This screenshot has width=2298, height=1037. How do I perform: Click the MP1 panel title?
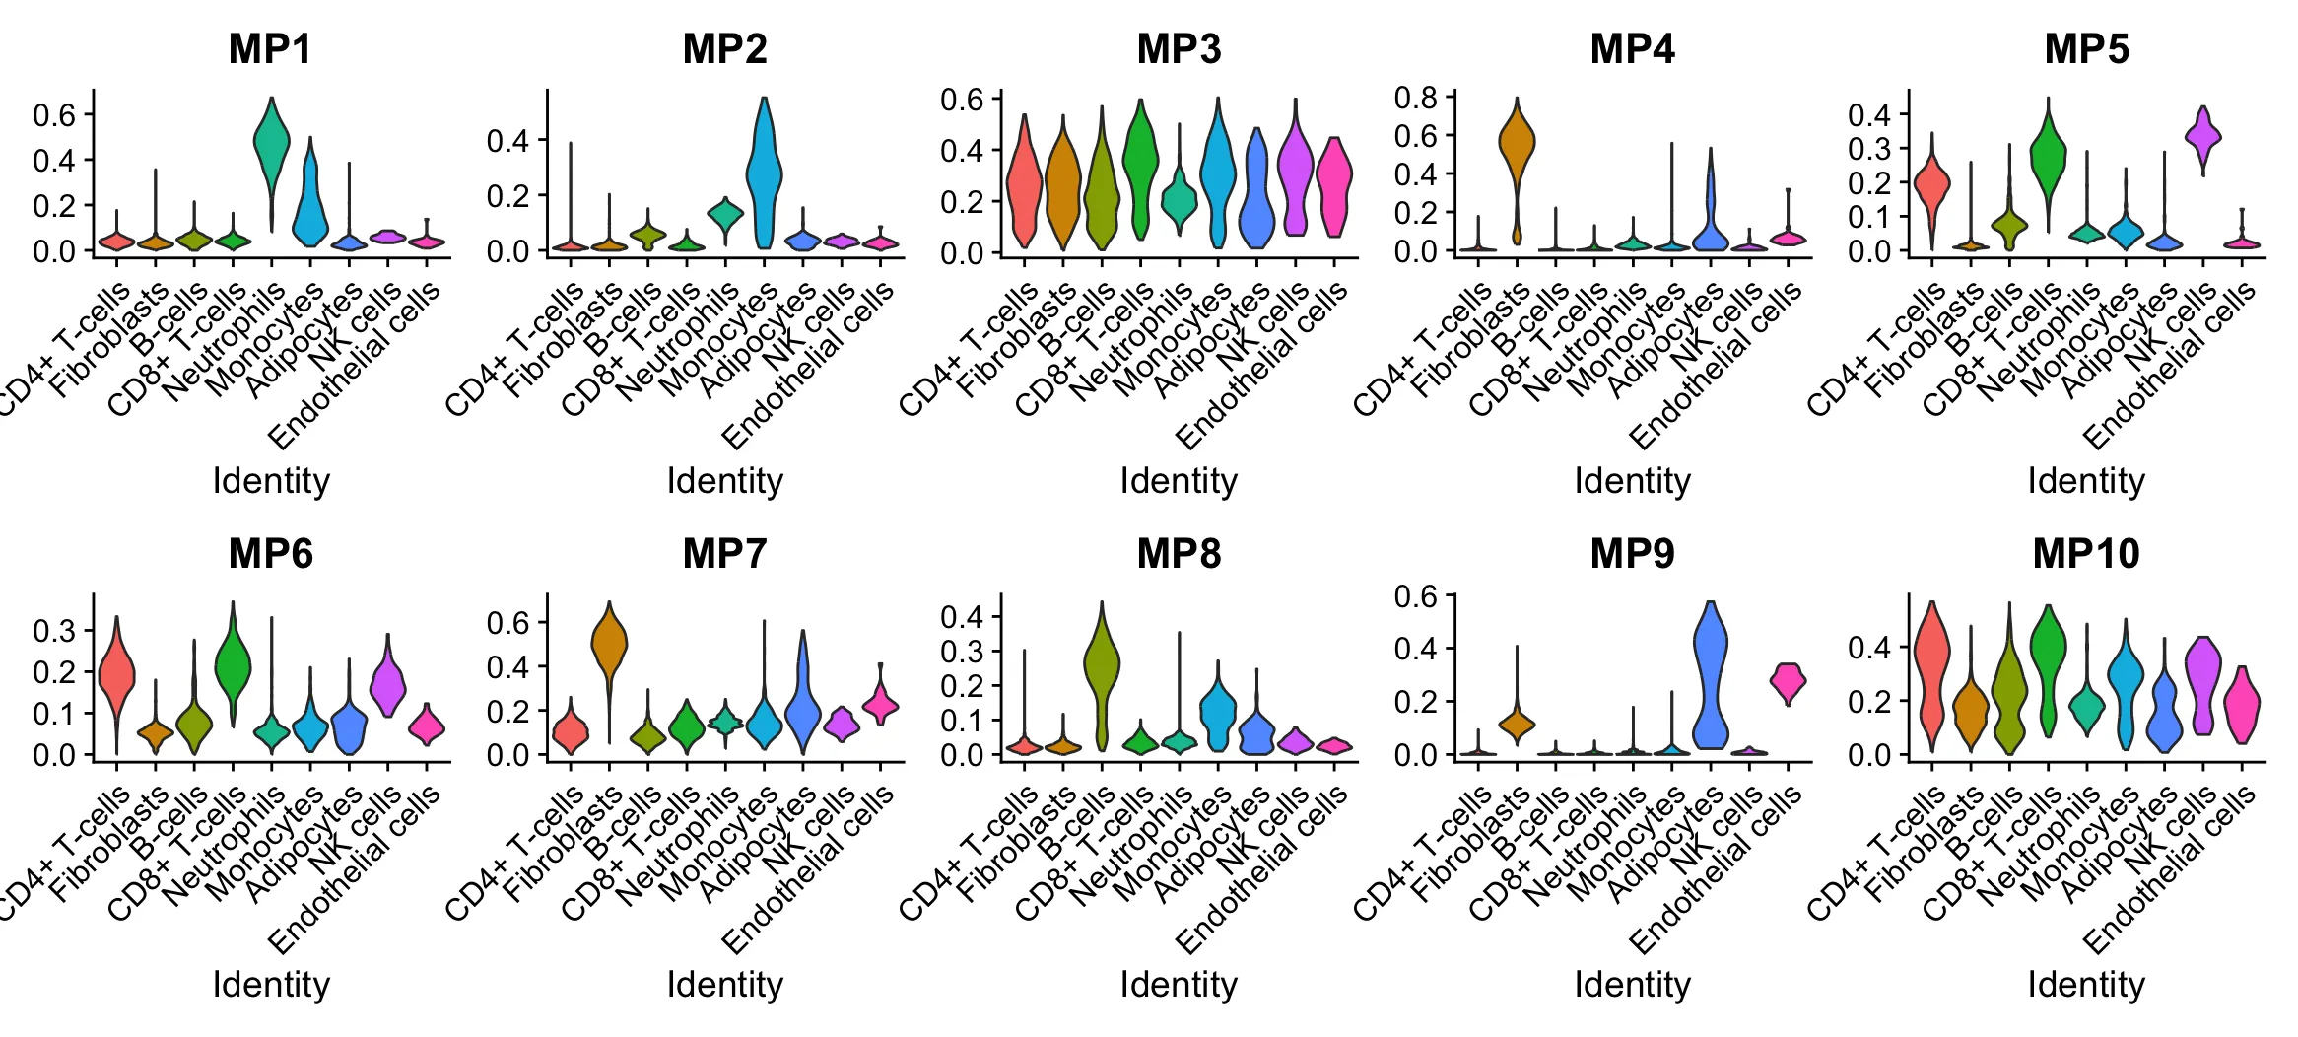pyautogui.click(x=270, y=49)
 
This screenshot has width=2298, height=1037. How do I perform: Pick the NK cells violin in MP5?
pyautogui.click(x=2203, y=136)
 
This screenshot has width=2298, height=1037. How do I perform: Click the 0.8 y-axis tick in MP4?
pyautogui.click(x=1415, y=98)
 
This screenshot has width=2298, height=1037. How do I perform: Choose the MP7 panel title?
pyautogui.click(x=724, y=554)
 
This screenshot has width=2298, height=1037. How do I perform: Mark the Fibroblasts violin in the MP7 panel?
pyautogui.click(x=609, y=646)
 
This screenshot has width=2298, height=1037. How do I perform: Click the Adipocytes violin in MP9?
pyautogui.click(x=1711, y=680)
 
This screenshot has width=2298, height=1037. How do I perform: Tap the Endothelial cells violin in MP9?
pyautogui.click(x=1788, y=681)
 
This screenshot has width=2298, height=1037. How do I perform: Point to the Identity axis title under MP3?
pyautogui.click(x=1179, y=481)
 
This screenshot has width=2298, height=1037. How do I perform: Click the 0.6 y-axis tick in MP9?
pyautogui.click(x=1415, y=596)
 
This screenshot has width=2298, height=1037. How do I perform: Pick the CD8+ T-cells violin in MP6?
pyautogui.click(x=233, y=665)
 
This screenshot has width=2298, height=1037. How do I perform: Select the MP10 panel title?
pyautogui.click(x=2086, y=554)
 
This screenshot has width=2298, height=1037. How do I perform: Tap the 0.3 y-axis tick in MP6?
pyautogui.click(x=54, y=631)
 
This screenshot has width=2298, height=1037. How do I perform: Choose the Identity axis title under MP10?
pyautogui.click(x=2086, y=985)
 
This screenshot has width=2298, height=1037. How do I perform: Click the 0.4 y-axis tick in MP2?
pyautogui.click(x=507, y=141)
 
